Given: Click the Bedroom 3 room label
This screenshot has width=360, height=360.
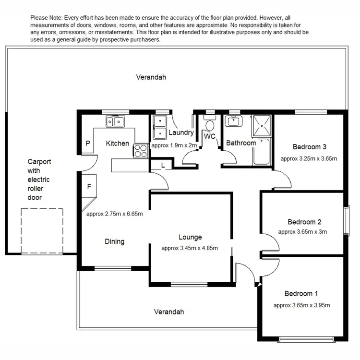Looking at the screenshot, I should tap(310, 147).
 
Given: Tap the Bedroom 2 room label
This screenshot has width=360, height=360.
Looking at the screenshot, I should tap(304, 222).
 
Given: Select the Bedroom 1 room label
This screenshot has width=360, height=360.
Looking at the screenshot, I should tap(301, 294).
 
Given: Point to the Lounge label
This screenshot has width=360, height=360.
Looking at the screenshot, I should tap(190, 237).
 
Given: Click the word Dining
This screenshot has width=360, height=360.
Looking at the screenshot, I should tap(114, 241).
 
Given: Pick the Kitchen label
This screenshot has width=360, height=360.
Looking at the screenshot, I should tap(117, 143).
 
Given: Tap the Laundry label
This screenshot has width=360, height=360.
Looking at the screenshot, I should tap(180, 132).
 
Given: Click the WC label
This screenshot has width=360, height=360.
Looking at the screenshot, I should tap(210, 136).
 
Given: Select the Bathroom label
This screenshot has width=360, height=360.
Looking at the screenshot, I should tap(241, 143).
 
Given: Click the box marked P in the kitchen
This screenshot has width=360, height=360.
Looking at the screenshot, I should tap(88, 143).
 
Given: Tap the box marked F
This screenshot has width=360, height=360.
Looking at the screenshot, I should tap(89, 187).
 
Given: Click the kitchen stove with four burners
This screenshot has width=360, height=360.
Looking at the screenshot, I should tap(141, 151).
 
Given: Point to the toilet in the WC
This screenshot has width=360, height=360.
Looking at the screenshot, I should tap(209, 124).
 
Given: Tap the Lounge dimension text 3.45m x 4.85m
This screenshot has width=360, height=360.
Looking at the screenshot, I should tap(190, 248).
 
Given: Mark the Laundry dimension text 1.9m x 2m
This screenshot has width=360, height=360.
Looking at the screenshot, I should tap(174, 145).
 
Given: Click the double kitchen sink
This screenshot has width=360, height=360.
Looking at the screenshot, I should tap(115, 122).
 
